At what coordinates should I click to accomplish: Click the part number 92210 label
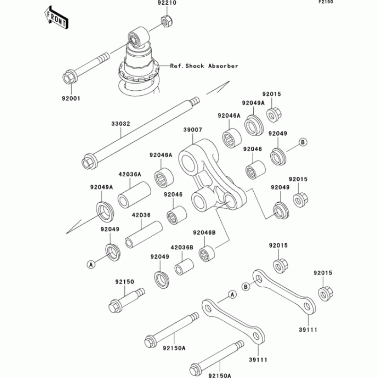pos(167,4)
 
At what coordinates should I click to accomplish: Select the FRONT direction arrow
pos(55,17)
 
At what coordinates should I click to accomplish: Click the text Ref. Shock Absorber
pos(204,66)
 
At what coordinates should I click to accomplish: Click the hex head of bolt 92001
pos(67,77)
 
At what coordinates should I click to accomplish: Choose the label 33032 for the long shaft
pos(120,124)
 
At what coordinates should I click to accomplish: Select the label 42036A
pos(130,174)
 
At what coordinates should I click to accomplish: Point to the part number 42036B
pos(182,247)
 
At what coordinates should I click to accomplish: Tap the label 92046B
pos(204,232)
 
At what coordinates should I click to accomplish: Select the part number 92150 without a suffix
pos(125,282)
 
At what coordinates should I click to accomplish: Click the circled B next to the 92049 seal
pos(303,142)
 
